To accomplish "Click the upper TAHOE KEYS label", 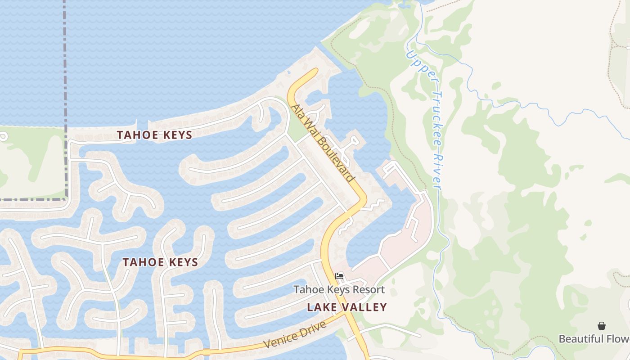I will point(154,135).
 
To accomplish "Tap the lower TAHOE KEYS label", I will point(160,262).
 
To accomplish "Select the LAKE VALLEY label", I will point(347,307).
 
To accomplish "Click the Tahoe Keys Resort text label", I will point(339,289).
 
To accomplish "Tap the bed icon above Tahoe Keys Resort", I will point(339,276).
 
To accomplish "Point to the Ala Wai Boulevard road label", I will point(322,143).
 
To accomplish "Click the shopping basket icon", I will point(602,326).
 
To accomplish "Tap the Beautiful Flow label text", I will point(594,338).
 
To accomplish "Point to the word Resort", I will point(369,289).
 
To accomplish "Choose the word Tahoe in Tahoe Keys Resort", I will point(306,289).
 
